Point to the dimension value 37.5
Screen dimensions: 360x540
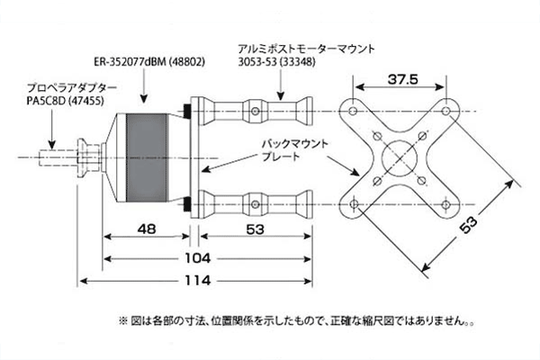click(402, 80)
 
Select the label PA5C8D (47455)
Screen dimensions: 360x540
click(64, 103)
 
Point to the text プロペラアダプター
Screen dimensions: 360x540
click(71, 88)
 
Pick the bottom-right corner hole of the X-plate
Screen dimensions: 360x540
click(445, 204)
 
